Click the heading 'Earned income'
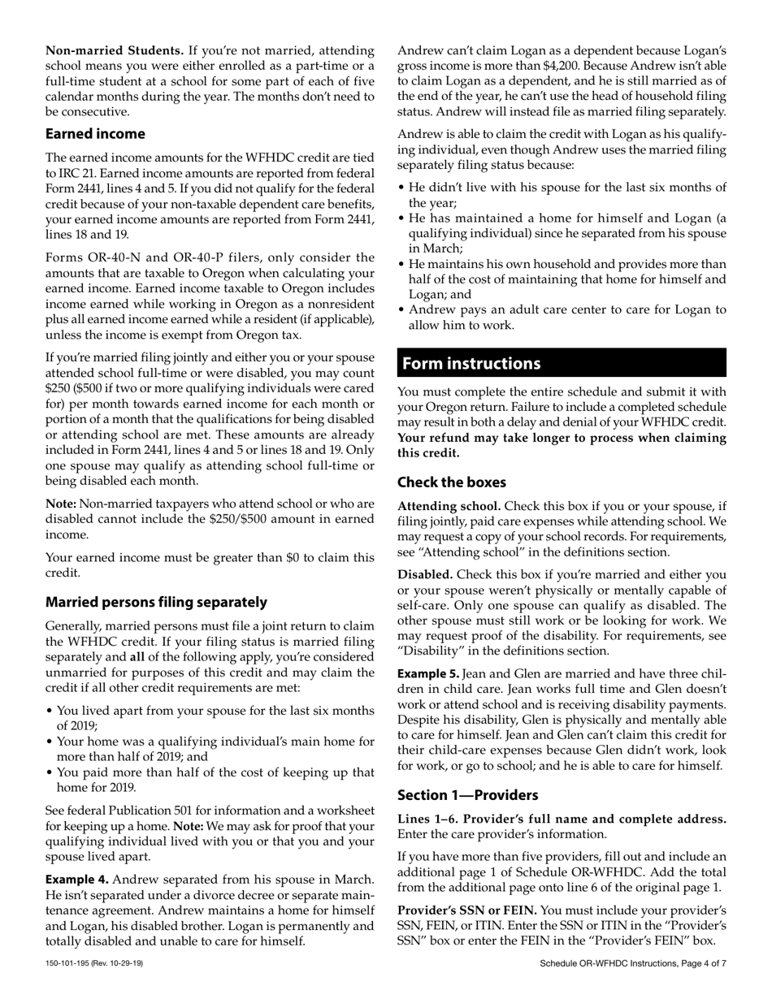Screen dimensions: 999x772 tap(95, 134)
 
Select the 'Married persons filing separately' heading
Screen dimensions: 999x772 tap(156, 602)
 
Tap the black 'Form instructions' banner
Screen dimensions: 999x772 tap(562, 363)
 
